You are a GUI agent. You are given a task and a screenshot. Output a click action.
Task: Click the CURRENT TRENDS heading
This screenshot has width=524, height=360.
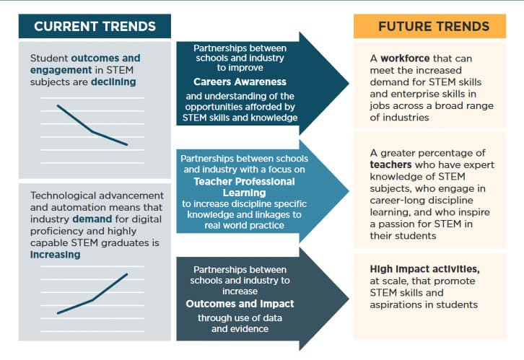pyautogui.click(x=95, y=27)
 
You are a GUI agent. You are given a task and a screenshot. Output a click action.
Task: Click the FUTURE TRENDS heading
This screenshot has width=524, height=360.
pyautogui.click(x=434, y=27)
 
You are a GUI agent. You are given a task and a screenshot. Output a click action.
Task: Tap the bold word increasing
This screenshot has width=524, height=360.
pyautogui.click(x=55, y=254)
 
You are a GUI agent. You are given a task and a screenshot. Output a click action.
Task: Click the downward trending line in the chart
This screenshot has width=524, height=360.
pyautogui.click(x=92, y=126)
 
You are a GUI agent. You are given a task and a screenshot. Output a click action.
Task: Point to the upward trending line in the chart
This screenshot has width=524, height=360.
pyautogui.click(x=92, y=297)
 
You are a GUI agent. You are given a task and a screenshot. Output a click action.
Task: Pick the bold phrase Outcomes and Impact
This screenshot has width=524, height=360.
pyautogui.click(x=240, y=304)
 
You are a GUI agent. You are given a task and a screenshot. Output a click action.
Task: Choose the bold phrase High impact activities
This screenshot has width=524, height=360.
pyautogui.click(x=423, y=268)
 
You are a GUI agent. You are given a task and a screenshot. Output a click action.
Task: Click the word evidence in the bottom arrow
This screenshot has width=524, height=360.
pyautogui.click(x=249, y=328)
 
